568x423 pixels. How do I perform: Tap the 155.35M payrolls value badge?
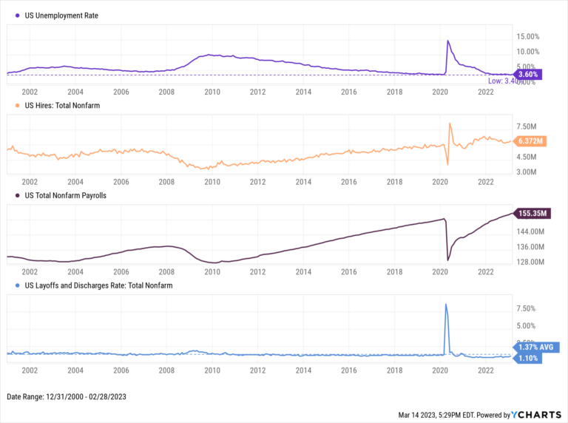pos(531,214)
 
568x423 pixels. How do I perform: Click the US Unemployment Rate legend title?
pos(61,15)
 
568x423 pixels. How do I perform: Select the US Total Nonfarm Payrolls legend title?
pos(72,195)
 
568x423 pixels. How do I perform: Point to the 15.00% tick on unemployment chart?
pos(530,36)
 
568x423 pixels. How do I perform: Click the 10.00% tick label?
pos(530,51)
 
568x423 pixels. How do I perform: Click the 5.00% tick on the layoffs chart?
pos(526,325)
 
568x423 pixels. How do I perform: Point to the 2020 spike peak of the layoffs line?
pos(446,304)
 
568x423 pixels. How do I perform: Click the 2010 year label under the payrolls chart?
pos(212,272)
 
